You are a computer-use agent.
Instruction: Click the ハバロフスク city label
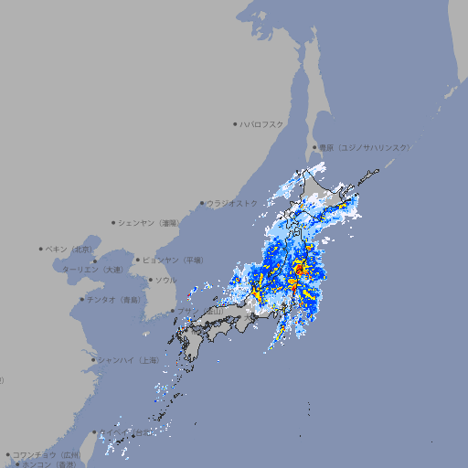[x=262, y=123]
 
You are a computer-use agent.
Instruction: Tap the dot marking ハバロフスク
[x=235, y=123]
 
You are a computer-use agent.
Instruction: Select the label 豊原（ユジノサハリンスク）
[x=364, y=147]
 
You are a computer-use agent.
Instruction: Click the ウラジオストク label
[x=232, y=203]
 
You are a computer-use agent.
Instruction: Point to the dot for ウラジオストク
[x=202, y=203]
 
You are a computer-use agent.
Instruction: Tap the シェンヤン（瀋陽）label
[x=150, y=222]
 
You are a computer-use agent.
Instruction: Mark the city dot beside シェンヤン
[x=113, y=222]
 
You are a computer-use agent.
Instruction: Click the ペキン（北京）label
[x=70, y=249]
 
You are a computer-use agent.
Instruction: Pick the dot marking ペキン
[x=41, y=249]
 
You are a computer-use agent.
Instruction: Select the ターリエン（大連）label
[x=92, y=270]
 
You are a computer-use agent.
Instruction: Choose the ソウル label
[x=165, y=280]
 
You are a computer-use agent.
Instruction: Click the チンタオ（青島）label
[x=114, y=300]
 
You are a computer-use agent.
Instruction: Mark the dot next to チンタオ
[x=81, y=300]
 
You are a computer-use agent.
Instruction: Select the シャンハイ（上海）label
[x=128, y=360]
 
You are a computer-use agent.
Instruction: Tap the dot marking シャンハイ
[x=93, y=360]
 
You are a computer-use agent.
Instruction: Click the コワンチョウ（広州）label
[x=47, y=454]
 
